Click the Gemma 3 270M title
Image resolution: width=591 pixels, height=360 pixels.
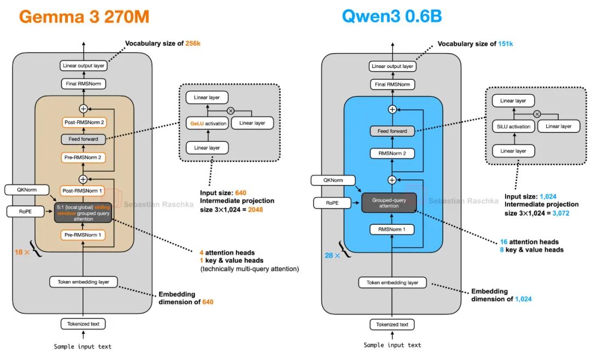84,16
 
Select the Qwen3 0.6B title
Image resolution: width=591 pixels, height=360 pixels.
391,16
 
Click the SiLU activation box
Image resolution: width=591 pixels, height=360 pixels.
513,126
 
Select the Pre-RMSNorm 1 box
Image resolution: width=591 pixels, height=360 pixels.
83,235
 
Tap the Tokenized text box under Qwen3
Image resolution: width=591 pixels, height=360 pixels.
392,324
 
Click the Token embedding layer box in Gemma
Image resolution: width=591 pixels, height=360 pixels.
83,282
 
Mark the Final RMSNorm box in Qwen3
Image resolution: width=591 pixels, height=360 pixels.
392,84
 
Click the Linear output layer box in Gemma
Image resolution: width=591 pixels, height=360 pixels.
83,66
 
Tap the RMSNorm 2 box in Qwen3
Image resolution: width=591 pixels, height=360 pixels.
392,154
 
